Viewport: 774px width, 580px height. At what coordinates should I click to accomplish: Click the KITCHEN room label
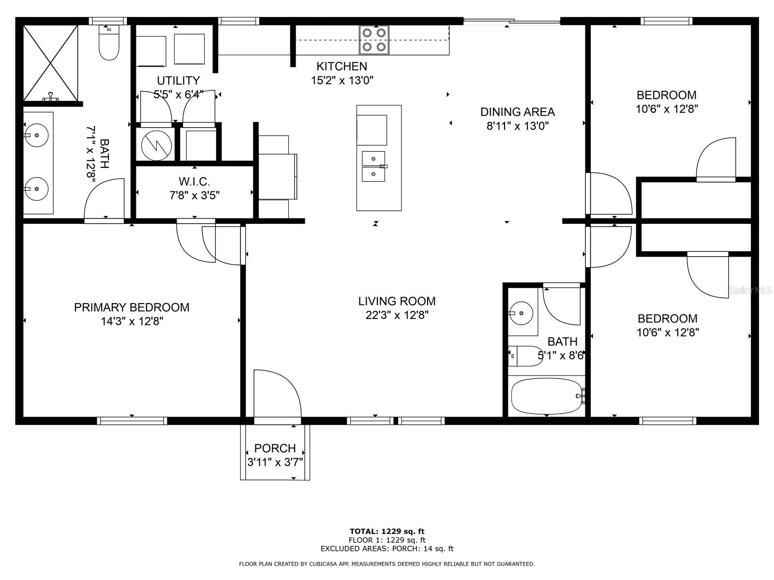click(342, 66)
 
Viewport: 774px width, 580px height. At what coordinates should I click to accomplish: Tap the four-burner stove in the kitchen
click(374, 40)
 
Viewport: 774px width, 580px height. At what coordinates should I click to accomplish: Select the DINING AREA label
click(517, 112)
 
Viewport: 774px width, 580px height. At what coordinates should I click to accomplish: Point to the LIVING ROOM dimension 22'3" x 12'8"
click(397, 315)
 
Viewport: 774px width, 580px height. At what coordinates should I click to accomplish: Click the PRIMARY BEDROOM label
click(132, 307)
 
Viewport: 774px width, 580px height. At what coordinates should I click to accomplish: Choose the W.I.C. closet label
click(194, 182)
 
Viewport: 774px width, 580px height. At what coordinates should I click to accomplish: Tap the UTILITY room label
click(179, 81)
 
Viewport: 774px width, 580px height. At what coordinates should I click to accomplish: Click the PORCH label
click(275, 449)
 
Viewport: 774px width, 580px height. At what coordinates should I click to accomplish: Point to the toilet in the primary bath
click(109, 42)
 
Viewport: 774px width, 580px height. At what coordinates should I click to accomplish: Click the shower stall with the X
click(51, 63)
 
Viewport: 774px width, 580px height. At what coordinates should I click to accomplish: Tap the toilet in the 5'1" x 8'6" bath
click(525, 356)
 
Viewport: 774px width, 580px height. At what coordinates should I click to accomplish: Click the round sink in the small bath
click(521, 313)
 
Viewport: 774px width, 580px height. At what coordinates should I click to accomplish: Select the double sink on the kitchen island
click(373, 167)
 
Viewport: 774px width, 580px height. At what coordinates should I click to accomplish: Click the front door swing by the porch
click(278, 394)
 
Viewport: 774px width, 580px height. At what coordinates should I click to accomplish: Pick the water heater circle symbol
click(156, 145)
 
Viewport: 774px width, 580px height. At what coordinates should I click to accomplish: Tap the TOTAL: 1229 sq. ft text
click(387, 531)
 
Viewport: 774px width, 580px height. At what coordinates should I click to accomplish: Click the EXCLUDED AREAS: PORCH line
click(387, 548)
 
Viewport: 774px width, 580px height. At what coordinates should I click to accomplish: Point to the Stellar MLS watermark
click(750, 290)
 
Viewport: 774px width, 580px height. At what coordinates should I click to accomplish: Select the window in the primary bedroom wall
click(132, 420)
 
